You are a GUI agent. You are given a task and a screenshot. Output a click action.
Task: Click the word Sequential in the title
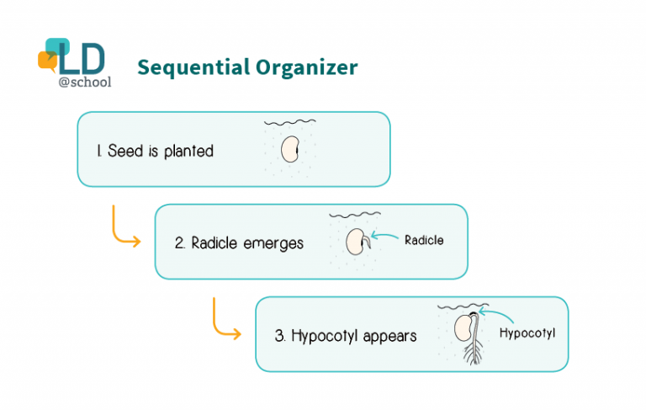coord(193,68)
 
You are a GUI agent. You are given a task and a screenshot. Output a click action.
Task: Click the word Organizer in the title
coord(307,68)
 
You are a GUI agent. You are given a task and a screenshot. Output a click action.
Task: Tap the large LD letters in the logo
coord(82,59)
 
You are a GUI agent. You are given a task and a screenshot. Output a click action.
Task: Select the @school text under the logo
coord(85,82)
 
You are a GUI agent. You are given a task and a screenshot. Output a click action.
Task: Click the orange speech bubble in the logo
coord(47,61)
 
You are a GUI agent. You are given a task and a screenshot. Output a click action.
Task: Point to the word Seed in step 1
coord(125,151)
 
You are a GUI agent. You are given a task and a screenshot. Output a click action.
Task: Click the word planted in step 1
coord(188,152)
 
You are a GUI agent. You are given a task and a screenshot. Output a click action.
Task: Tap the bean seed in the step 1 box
coord(290,149)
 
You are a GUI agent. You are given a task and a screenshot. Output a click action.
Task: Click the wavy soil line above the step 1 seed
coord(290,122)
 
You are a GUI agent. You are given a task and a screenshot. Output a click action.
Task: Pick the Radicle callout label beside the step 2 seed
coord(424,240)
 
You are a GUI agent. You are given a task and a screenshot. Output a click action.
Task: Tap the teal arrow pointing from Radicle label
coord(384,236)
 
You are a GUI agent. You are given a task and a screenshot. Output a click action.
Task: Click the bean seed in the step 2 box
coord(356,242)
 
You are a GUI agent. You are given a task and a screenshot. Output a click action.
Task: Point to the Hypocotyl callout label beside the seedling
coord(527,333)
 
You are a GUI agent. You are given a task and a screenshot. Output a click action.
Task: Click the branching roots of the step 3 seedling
coord(473,353)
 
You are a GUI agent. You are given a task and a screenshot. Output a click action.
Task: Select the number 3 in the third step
coord(279,336)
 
